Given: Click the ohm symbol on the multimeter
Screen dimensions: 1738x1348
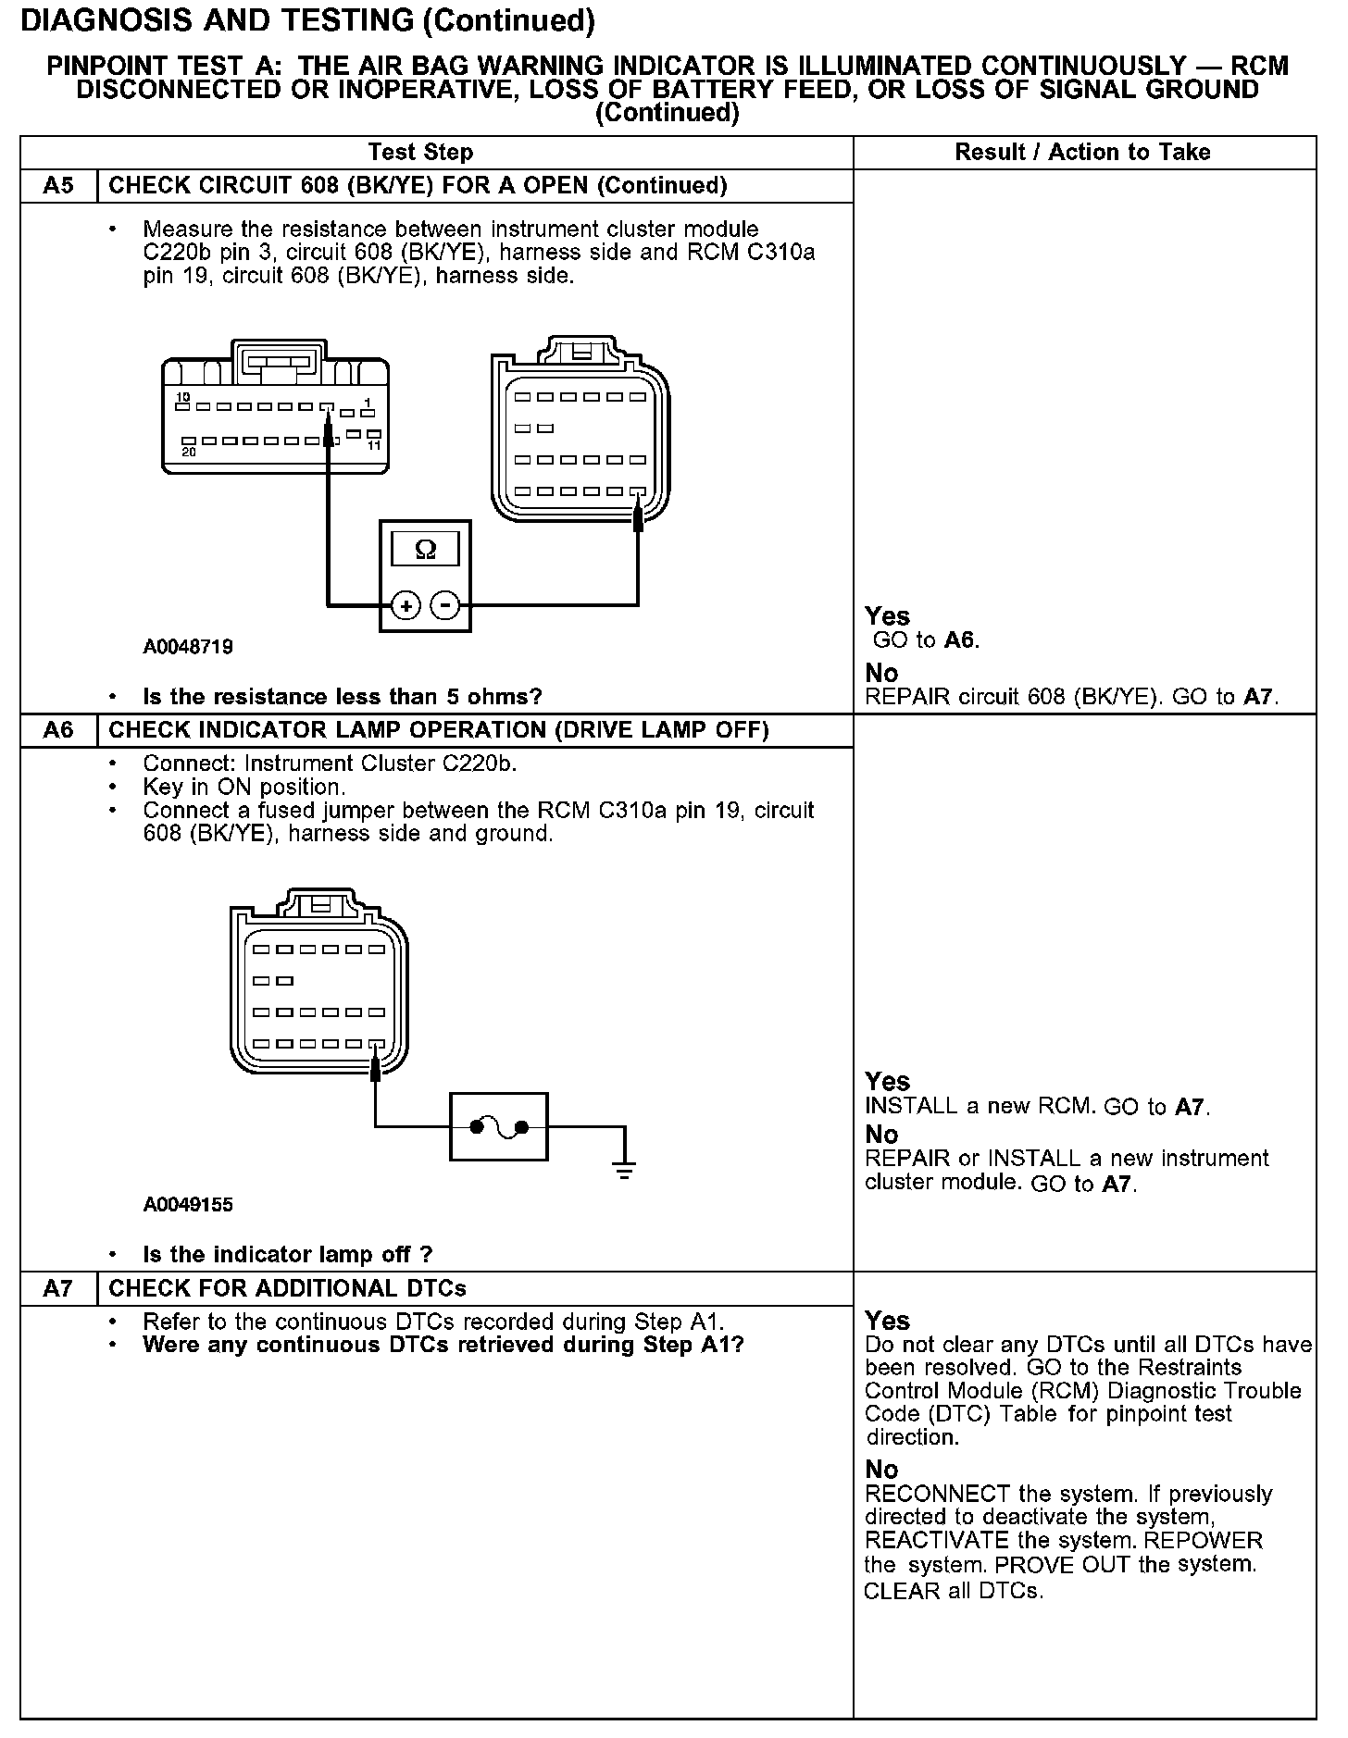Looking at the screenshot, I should (425, 550).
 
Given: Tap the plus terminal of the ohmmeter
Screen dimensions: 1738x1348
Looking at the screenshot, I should (406, 605).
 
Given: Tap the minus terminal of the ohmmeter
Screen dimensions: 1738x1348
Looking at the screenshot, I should (445, 605).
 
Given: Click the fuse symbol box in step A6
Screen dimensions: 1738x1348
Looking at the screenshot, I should (498, 1126).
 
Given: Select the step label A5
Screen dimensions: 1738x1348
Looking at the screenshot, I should (58, 186).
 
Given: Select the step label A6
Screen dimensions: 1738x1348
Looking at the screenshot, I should (58, 730).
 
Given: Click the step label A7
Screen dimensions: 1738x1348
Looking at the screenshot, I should (58, 1288).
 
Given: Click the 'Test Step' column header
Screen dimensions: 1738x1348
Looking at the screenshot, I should (420, 153).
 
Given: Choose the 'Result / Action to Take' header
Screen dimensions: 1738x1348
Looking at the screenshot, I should (1082, 153).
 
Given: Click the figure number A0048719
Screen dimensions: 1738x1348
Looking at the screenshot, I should (188, 647).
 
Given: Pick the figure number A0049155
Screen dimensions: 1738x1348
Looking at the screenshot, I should (188, 1205).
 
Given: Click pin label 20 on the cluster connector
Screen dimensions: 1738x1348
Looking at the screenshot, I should (189, 452).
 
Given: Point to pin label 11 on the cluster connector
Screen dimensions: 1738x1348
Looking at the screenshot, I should (374, 445).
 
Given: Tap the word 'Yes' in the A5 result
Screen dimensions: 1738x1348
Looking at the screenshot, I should (887, 616).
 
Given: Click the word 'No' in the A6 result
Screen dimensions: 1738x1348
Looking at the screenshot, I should (881, 1135).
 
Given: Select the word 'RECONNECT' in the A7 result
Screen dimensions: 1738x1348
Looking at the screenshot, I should (937, 1495).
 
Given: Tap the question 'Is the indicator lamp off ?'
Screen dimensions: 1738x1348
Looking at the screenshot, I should (287, 1255).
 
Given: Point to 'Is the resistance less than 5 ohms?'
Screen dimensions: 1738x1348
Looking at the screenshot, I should (342, 697).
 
